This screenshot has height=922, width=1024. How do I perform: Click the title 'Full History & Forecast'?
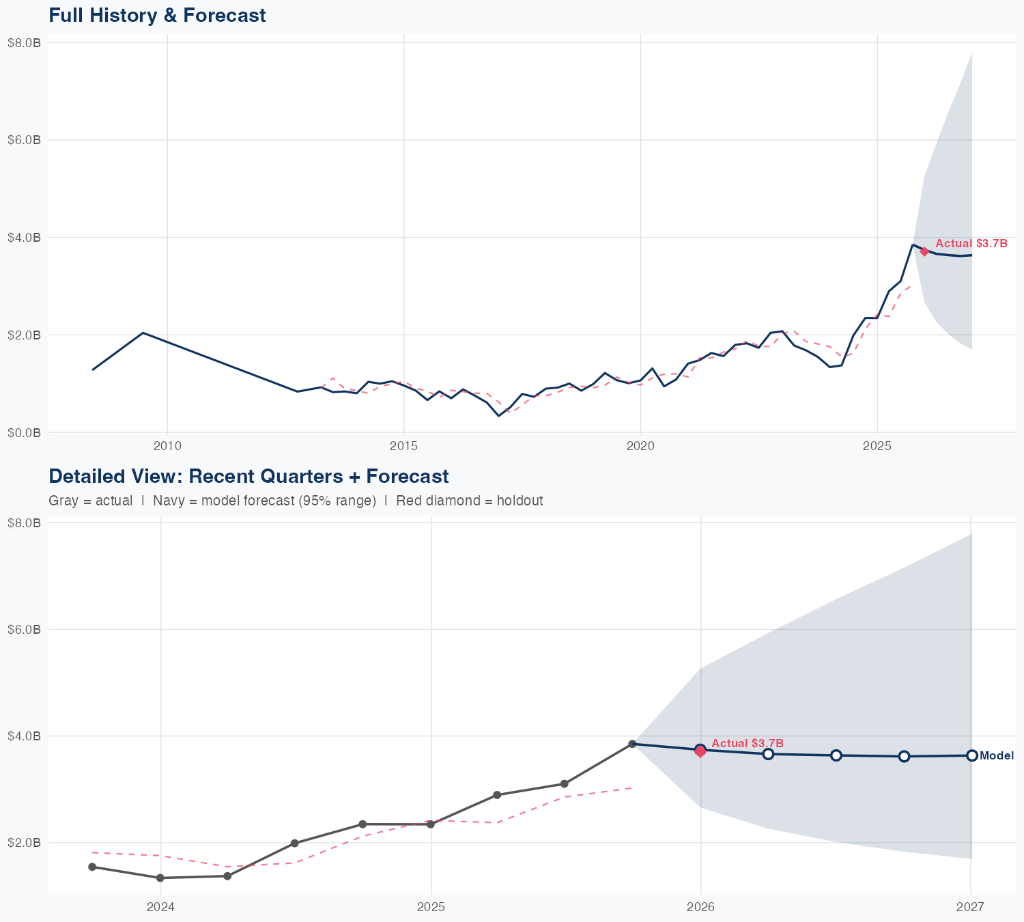157,15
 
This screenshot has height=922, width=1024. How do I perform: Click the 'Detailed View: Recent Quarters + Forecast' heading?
248,476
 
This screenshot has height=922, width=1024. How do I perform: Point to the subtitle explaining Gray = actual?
296,501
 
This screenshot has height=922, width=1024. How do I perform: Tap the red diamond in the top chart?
924,251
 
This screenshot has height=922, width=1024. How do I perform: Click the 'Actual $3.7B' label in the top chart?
971,243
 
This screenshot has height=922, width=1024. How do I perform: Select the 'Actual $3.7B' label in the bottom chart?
747,743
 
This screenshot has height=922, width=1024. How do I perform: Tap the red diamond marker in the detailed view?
700,751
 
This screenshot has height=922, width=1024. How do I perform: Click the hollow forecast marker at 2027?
971,755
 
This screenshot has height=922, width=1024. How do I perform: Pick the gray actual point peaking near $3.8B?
632,744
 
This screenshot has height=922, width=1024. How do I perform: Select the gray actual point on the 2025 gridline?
430,824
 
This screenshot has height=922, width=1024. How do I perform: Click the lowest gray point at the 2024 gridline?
160,878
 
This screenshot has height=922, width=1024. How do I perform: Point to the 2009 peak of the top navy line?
143,333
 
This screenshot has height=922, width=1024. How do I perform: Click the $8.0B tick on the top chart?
24,42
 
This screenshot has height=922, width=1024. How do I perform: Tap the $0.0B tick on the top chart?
24,432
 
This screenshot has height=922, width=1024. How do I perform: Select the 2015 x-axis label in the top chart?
403,447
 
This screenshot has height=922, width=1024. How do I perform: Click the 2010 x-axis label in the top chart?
167,447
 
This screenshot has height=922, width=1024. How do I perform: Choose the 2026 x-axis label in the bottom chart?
700,908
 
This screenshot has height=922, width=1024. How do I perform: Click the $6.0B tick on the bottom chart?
24,629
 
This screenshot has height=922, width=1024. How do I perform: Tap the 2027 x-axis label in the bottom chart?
970,908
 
